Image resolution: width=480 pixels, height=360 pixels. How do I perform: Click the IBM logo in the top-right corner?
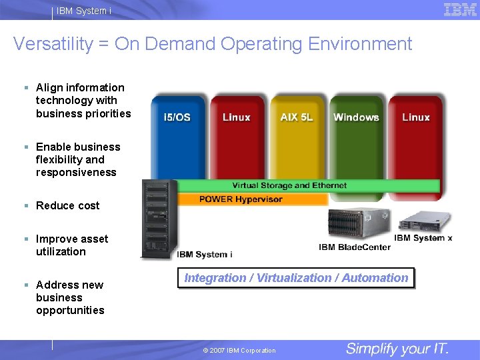460,9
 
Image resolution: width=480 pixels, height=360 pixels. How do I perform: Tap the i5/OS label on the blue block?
177,117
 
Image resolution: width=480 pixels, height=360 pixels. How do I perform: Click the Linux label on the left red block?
236,117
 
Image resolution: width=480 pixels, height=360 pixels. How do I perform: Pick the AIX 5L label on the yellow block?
297,117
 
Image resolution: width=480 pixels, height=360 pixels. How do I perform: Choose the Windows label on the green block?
356,117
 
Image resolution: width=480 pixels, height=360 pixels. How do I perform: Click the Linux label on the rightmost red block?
416,117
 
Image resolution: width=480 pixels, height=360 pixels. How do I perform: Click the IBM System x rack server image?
424,221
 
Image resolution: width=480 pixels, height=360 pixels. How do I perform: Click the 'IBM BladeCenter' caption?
355,247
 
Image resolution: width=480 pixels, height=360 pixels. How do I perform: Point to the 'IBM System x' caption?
423,238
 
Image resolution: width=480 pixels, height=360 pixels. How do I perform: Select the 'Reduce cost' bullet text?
67,205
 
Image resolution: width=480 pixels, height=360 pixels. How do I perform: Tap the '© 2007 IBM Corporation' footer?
239,351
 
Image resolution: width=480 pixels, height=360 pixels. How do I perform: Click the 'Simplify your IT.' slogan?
397,349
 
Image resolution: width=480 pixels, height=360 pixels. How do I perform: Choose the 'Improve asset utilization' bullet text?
71,245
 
